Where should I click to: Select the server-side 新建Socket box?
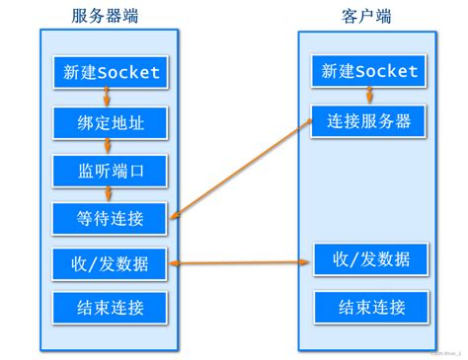(x=110, y=72)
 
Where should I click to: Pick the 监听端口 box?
(x=110, y=170)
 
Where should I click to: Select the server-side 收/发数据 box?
(x=110, y=262)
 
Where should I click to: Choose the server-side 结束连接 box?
(x=110, y=307)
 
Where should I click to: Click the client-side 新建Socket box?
(x=369, y=72)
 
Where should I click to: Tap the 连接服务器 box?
(x=369, y=121)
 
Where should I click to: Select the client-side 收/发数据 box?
(x=369, y=260)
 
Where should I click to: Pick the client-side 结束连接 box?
(x=369, y=307)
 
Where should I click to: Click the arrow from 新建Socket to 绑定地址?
(x=109, y=97)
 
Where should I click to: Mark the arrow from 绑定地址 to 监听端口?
(x=109, y=145)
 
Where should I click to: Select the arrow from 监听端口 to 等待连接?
(x=109, y=193)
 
